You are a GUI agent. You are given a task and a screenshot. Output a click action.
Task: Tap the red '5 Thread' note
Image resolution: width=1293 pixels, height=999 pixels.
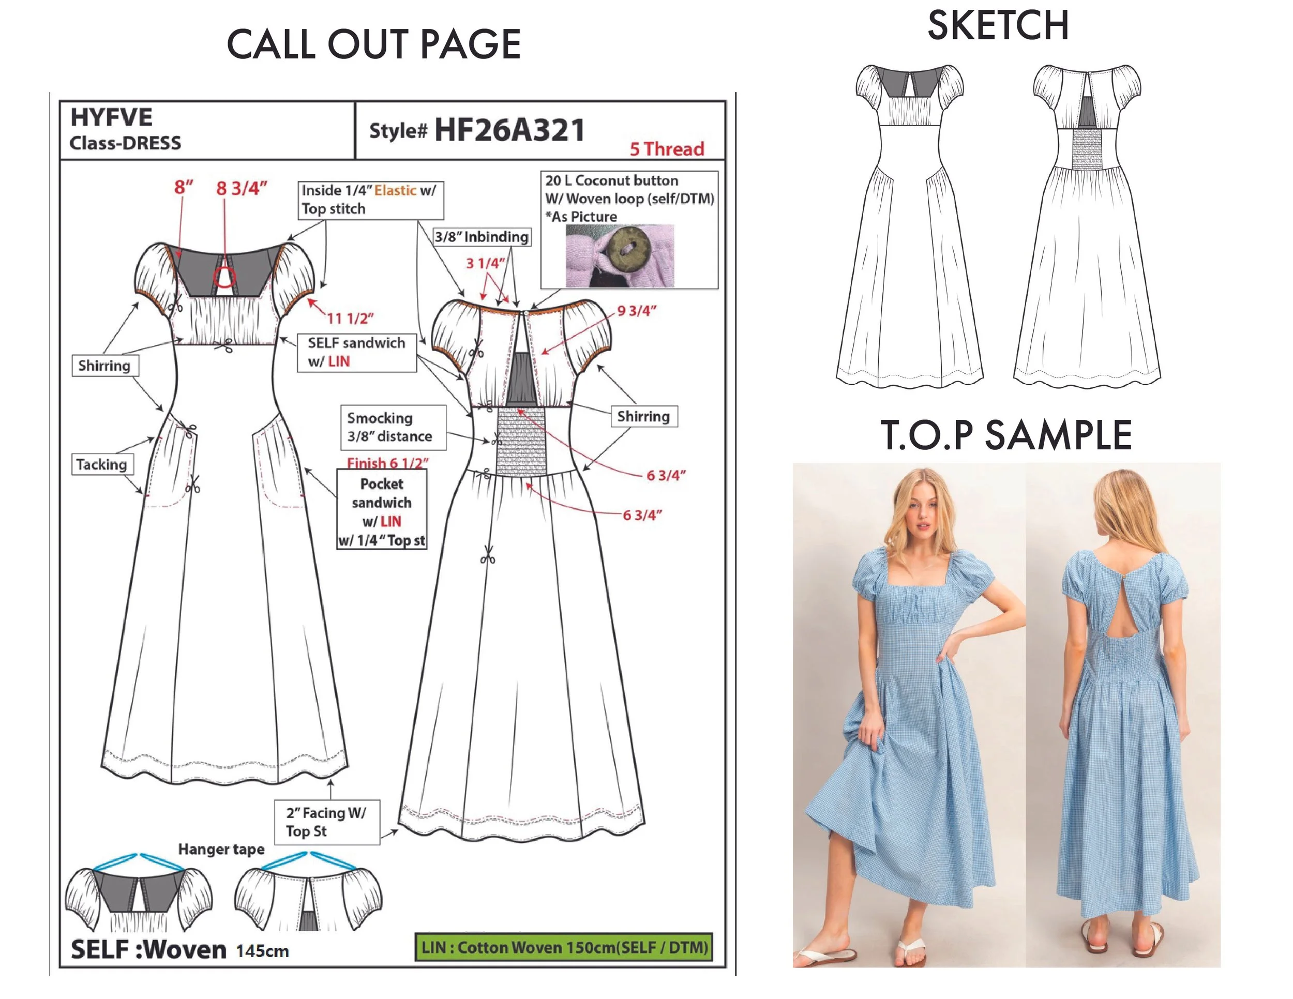tap(667, 149)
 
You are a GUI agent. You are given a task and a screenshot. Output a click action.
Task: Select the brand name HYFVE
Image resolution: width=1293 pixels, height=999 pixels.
tap(111, 117)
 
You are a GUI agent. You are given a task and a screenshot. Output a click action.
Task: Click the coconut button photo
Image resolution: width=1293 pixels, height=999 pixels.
tap(619, 255)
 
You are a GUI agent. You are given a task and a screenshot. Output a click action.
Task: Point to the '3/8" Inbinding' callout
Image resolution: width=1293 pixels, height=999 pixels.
tap(482, 237)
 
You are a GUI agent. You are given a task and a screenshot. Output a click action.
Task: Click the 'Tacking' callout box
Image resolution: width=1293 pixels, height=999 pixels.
tap(102, 464)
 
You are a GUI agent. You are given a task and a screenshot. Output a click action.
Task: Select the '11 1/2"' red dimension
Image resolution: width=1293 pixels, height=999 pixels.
tap(351, 319)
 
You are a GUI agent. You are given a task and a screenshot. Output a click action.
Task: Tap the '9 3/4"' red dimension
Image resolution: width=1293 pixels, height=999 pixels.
tap(637, 311)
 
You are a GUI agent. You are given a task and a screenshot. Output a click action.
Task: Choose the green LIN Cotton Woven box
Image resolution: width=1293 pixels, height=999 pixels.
tap(564, 947)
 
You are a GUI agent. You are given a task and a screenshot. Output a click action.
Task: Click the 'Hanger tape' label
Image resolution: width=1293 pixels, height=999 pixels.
tap(221, 849)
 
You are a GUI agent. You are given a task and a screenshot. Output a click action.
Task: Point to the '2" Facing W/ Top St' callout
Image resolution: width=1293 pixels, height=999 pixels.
tap(327, 822)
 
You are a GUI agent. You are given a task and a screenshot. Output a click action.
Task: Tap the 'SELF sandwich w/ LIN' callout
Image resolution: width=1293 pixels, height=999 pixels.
tap(357, 352)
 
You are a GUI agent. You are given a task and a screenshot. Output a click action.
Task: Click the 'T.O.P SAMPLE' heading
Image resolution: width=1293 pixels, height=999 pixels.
tap(1006, 435)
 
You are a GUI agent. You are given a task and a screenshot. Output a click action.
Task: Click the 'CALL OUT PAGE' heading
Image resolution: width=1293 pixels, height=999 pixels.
tap(373, 44)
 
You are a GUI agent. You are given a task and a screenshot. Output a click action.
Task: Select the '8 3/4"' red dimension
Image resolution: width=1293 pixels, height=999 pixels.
tap(242, 188)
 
